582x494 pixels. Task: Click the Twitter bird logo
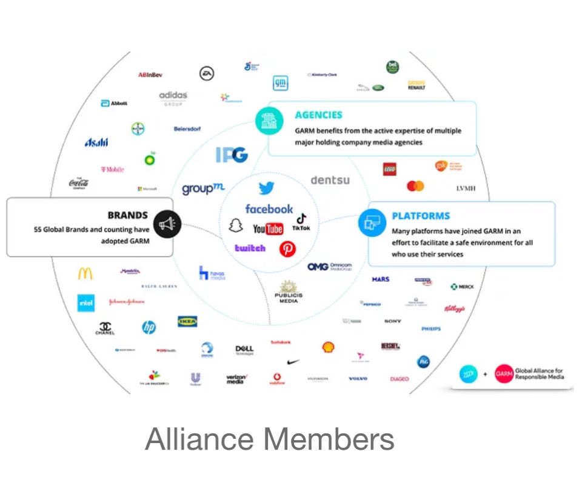266,189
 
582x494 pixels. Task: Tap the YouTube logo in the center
268,229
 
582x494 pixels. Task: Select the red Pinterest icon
287,249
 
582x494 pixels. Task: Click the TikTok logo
301,222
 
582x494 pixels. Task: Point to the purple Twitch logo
250,248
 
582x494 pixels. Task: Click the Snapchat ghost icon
235,226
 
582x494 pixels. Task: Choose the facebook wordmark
269,209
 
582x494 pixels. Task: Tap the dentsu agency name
330,180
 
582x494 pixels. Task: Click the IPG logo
232,155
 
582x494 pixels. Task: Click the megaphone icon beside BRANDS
165,224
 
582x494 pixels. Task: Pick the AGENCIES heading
318,115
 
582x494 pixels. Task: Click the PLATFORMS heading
421,216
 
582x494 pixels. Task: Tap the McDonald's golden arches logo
85,273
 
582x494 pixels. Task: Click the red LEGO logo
390,169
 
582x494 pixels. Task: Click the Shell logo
328,347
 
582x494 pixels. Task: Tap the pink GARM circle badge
504,374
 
